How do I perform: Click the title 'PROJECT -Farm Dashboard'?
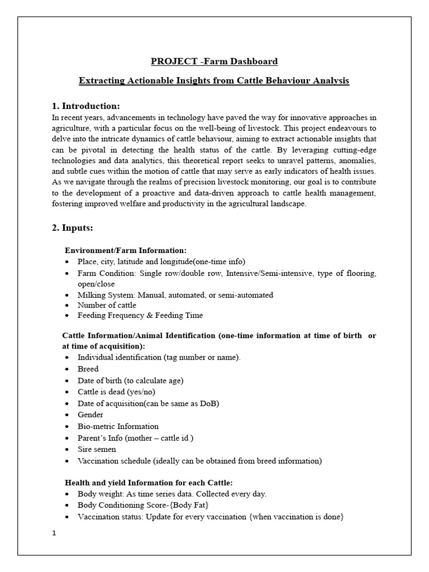pyautogui.click(x=214, y=61)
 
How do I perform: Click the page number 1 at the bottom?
pyautogui.click(x=54, y=533)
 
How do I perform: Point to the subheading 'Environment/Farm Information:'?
pyautogui.click(x=126, y=250)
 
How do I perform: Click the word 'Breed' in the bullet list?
pyautogui.click(x=88, y=369)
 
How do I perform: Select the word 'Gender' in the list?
pyautogui.click(x=90, y=414)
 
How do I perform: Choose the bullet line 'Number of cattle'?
pyautogui.click(x=107, y=305)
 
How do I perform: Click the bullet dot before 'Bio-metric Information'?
pyautogui.click(x=68, y=426)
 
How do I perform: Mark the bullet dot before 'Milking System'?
pyautogui.click(x=68, y=295)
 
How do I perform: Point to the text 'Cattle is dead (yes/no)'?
pyautogui.click(x=116, y=392)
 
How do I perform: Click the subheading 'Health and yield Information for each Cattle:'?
pyautogui.click(x=149, y=483)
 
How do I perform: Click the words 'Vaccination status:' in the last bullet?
pyautogui.click(x=111, y=517)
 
